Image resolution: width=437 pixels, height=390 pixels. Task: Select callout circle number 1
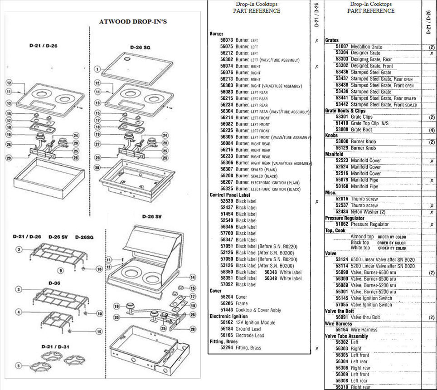[x=97, y=69]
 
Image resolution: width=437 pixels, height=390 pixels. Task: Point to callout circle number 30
[x=97, y=167]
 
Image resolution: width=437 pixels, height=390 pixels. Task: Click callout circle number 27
[x=97, y=144]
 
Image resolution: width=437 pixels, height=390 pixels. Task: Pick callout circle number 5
[x=19, y=366]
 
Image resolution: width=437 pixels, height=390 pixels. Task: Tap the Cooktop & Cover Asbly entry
[x=258, y=310]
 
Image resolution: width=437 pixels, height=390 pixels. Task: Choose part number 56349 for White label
[x=271, y=278]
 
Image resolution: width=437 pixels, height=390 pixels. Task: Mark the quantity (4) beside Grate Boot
[x=432, y=130]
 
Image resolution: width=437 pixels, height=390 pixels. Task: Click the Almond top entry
[x=362, y=237]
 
